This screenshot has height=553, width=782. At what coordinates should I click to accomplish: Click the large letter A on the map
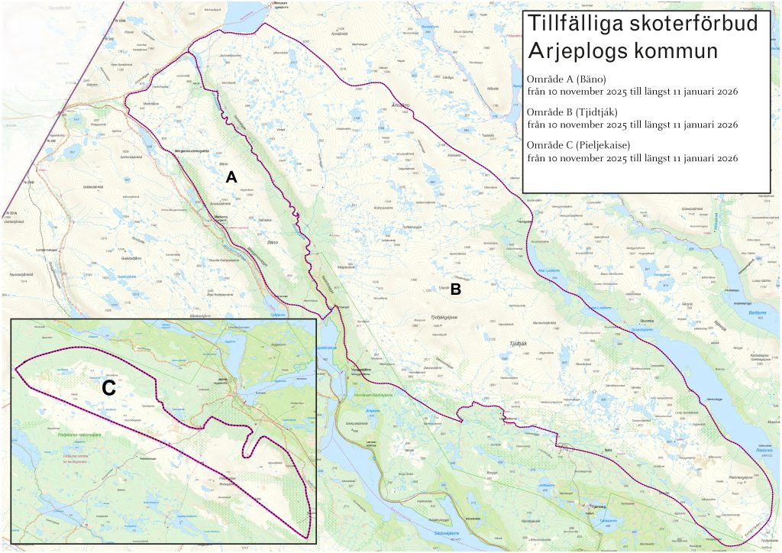click(x=233, y=176)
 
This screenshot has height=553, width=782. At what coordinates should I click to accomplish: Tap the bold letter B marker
click(x=456, y=289)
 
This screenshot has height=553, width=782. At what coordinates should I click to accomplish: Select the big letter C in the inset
click(x=108, y=388)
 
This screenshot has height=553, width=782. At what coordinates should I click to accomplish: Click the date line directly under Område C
click(x=632, y=158)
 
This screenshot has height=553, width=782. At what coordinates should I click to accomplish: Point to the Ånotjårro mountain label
click(x=401, y=106)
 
